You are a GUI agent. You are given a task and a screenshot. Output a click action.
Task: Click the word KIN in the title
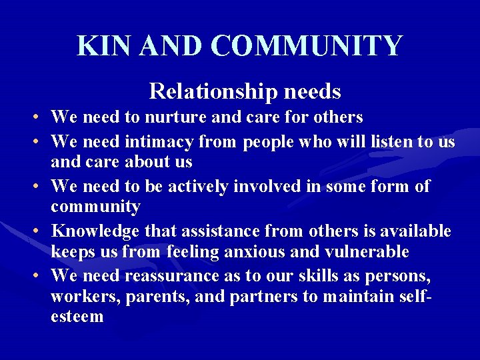(x=99, y=46)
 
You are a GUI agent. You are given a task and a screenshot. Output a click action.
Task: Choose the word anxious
(x=281, y=252)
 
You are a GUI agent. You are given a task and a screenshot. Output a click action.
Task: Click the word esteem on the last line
(x=77, y=316)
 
